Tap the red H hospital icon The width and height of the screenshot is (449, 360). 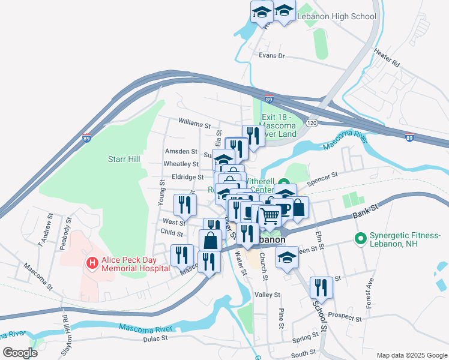[92, 263]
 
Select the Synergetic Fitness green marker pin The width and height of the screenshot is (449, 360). [361, 239]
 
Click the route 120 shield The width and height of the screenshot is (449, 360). [311, 122]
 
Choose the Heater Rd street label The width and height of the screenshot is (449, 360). [386, 58]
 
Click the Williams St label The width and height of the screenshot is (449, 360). [194, 124]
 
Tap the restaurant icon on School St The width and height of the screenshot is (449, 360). [321, 287]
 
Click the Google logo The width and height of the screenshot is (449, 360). [20, 352]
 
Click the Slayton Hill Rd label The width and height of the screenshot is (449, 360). [64, 331]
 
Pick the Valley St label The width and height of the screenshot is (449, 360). [267, 295]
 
